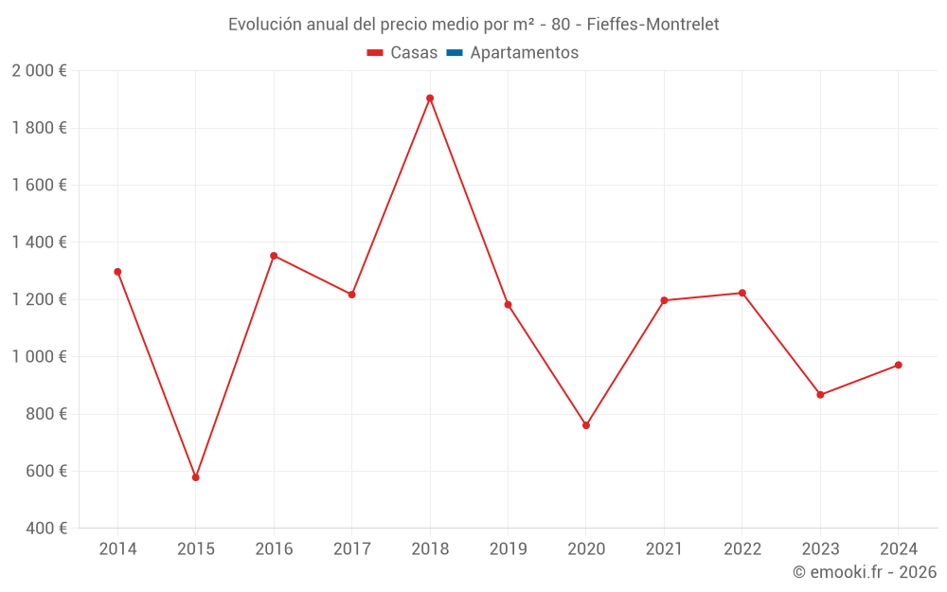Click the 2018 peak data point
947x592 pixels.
pyautogui.click(x=430, y=99)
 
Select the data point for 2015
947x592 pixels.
pyautogui.click(x=196, y=477)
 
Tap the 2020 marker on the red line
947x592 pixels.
pyautogui.click(x=586, y=425)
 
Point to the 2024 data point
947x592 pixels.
pyautogui.click(x=899, y=365)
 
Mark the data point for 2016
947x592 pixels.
pyautogui.click(x=274, y=256)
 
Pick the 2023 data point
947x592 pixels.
pyautogui.click(x=820, y=395)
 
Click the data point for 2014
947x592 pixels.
pyautogui.click(x=117, y=272)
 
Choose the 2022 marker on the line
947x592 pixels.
pyautogui.click(x=742, y=293)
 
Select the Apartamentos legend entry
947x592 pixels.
pyautogui.click(x=524, y=53)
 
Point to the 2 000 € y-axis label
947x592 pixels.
pyautogui.click(x=39, y=71)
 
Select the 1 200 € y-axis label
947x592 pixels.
pyautogui.click(x=39, y=299)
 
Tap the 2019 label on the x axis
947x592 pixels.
pyautogui.click(x=508, y=549)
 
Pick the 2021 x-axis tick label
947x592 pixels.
pyautogui.click(x=664, y=549)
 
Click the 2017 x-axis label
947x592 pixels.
pyautogui.click(x=351, y=549)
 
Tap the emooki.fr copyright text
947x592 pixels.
pyautogui.click(x=865, y=572)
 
